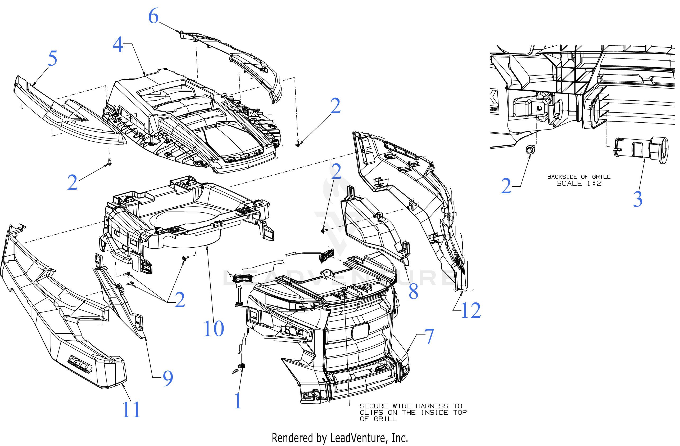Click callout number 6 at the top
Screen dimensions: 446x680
click(153, 16)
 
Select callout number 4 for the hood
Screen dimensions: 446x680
click(118, 45)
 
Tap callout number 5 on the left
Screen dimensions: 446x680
click(52, 59)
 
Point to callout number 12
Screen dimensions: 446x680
click(471, 311)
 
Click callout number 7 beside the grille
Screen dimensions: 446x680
click(429, 337)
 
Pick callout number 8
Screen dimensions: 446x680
click(414, 292)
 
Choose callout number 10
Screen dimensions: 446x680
click(214, 329)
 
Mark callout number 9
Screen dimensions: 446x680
click(168, 378)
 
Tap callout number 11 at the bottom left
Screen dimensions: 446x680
click(131, 410)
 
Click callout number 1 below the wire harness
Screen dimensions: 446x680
click(238, 401)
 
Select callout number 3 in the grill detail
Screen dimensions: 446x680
click(638, 199)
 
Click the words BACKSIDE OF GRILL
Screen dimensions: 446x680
click(579, 177)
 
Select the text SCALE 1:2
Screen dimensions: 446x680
click(579, 184)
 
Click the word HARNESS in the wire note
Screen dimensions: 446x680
click(432, 406)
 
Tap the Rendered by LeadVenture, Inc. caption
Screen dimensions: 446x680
click(340, 438)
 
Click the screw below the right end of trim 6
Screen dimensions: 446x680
click(298, 143)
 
